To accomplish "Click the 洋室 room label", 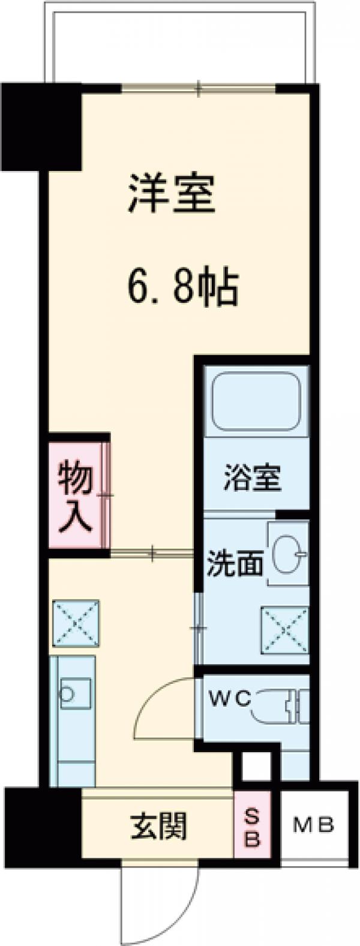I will (171, 193).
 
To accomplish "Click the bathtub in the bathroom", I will (256, 400).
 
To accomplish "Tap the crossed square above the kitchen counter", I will (76, 623).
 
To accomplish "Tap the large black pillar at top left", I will (41, 125).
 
